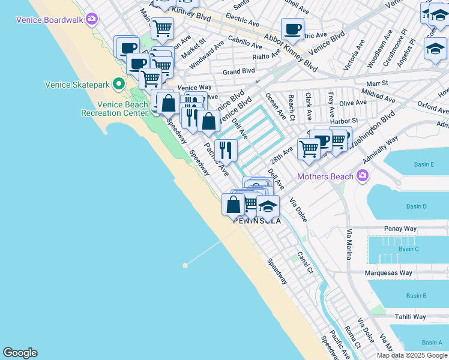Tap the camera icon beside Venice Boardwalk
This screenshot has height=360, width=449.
[x=91, y=19]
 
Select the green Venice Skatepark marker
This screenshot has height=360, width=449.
[x=119, y=84]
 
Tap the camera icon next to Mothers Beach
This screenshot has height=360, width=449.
[x=362, y=176]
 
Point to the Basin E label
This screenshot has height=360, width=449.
[x=423, y=164]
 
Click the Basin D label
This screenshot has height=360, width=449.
[x=416, y=206]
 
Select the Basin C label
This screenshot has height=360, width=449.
[x=408, y=248]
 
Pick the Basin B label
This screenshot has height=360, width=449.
[x=416, y=296]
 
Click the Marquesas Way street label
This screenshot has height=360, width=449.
[x=389, y=272]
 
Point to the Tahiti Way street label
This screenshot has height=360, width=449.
[x=410, y=317]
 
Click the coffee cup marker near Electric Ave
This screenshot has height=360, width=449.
[x=292, y=29]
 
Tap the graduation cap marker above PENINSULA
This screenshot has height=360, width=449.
[x=268, y=206]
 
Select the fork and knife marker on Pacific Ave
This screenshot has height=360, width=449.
[x=226, y=150]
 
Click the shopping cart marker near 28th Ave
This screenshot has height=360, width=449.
[x=309, y=148]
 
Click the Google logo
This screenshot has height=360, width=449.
[x=20, y=353]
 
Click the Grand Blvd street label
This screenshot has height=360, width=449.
[x=238, y=71]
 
